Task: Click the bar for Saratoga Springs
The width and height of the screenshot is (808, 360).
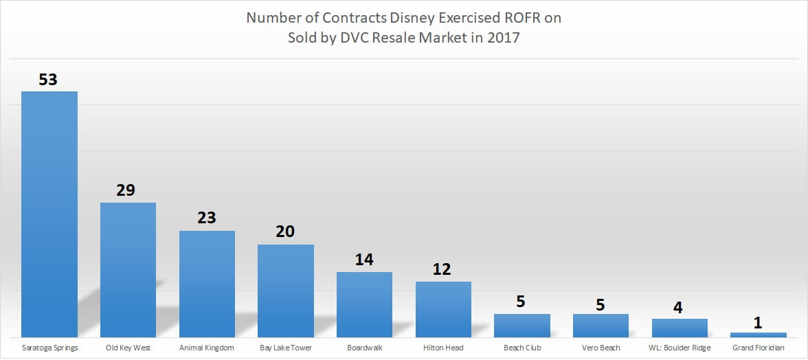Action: [x=49, y=214]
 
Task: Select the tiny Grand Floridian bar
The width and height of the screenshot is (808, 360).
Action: [x=758, y=335]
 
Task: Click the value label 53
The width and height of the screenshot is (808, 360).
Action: [x=48, y=79]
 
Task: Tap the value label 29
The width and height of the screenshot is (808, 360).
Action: [x=126, y=190]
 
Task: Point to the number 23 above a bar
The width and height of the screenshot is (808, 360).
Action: [x=206, y=218]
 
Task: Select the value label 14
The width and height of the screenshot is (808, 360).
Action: [x=363, y=260]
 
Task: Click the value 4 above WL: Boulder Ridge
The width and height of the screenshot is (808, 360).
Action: [x=679, y=306]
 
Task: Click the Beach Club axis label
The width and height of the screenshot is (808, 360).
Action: [x=522, y=348]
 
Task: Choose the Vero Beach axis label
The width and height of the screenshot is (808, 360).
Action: [x=601, y=348]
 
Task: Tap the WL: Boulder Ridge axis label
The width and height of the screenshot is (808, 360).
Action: [x=679, y=348]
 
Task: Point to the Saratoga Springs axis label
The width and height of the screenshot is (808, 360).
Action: [x=49, y=348]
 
